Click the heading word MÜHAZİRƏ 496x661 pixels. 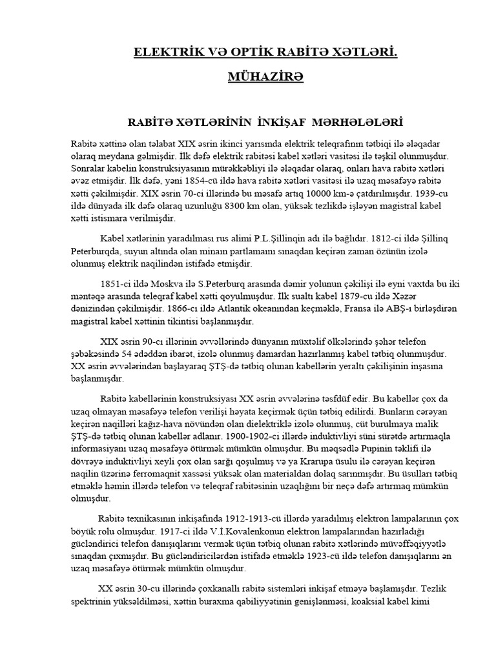tap(248, 77)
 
